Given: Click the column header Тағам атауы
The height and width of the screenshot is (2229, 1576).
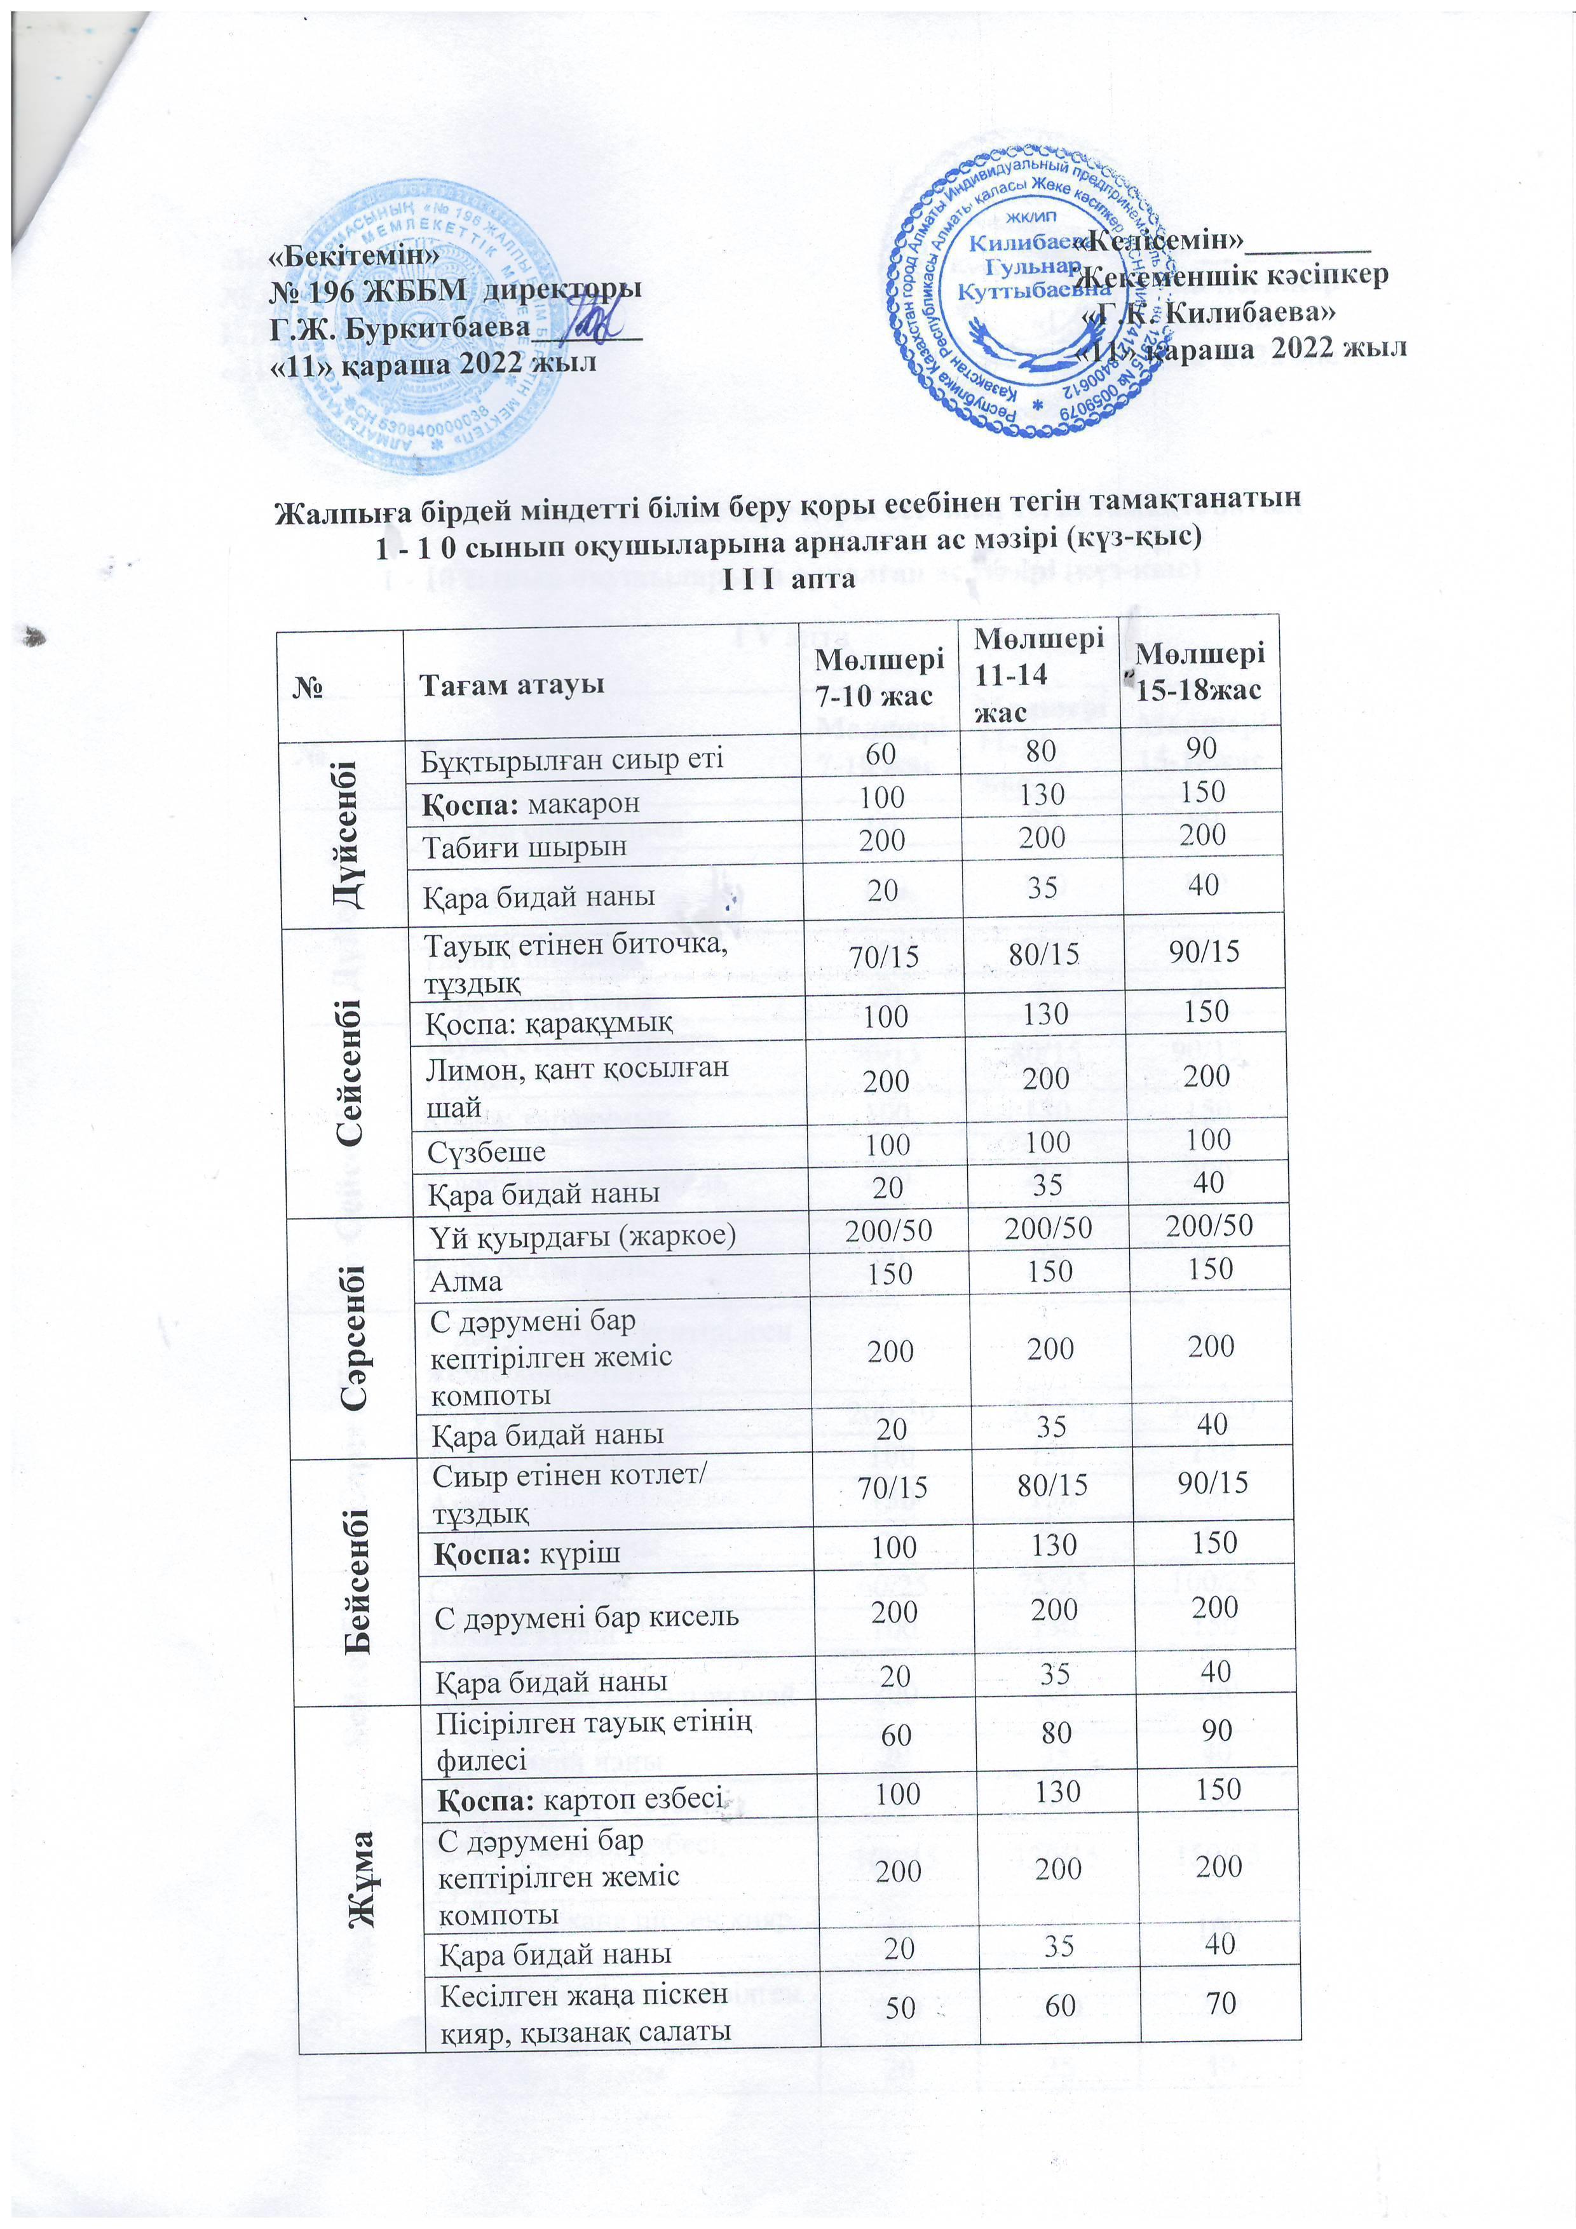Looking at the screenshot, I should coord(511,684).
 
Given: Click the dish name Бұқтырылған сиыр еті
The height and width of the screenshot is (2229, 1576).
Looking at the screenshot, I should coord(573,758).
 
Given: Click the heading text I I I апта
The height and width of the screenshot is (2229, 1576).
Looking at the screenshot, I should coord(789,579).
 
